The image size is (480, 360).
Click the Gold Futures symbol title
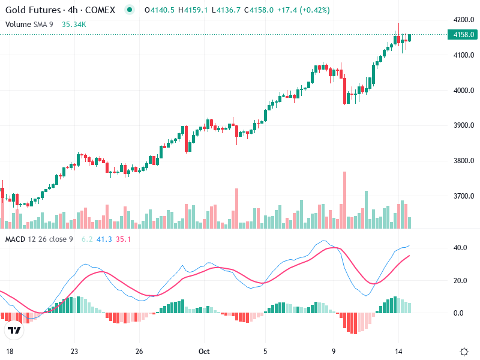[x=60, y=10]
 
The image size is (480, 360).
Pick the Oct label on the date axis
[x=205, y=352]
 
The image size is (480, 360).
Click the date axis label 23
[x=74, y=352]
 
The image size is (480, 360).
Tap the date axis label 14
[x=398, y=352]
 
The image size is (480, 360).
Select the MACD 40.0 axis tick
[x=461, y=248]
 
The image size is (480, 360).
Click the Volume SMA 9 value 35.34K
[x=74, y=25]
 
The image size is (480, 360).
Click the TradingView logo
[x=14, y=331]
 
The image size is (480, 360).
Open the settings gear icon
[x=464, y=352]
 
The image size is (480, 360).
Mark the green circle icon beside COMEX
[x=129, y=10]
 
